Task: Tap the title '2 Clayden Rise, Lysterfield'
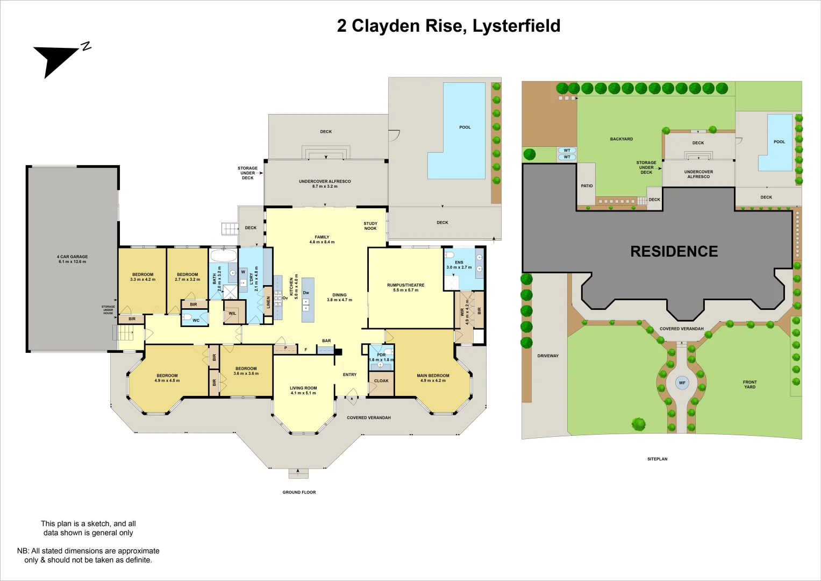[x=448, y=26]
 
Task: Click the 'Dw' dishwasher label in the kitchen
[x=306, y=293]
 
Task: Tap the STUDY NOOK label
[x=370, y=226]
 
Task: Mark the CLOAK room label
[x=381, y=381]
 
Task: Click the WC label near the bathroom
[x=196, y=321]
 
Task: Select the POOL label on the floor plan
[x=465, y=127]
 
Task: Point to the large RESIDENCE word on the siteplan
[x=674, y=251]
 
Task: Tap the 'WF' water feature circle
[x=682, y=383]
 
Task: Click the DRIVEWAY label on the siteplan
[x=548, y=356]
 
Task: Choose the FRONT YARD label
[x=750, y=384]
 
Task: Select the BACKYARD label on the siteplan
[x=622, y=139]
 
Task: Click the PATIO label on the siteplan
[x=587, y=186]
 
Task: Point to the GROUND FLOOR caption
[x=299, y=492]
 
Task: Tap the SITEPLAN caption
[x=657, y=459]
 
